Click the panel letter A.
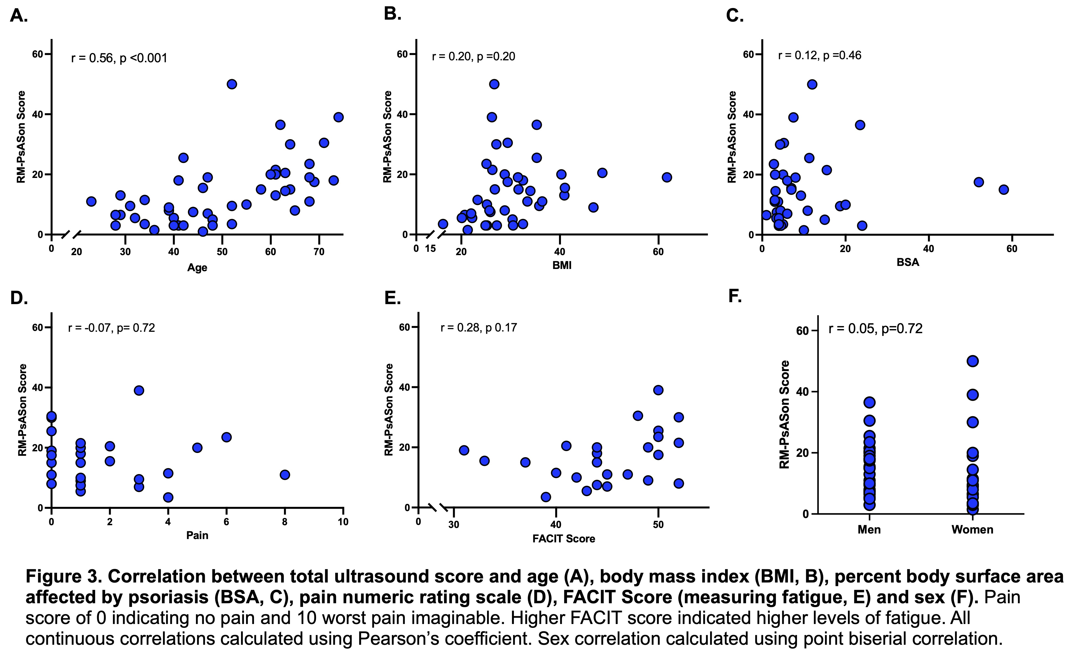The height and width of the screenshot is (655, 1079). tap(18, 16)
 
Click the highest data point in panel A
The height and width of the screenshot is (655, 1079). tap(232, 84)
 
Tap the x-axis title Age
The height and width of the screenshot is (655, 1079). tap(197, 268)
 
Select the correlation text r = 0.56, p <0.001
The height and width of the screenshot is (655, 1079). tap(119, 58)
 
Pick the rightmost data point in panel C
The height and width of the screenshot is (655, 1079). tap(1004, 190)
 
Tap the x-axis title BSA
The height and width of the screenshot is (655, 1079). tap(908, 262)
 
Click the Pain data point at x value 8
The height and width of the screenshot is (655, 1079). tap(285, 475)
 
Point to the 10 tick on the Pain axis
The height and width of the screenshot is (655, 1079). tap(343, 521)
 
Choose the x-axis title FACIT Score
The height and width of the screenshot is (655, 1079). tap(564, 539)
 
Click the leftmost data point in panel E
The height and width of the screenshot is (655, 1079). tap(464, 450)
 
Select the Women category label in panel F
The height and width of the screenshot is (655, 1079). tap(972, 530)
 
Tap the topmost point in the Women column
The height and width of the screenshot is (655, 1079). tap(972, 361)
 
